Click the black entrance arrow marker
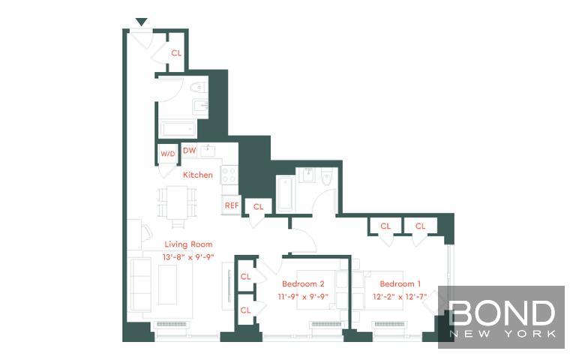click(142, 22)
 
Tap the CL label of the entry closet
click(176, 53)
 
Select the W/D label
click(168, 154)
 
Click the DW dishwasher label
click(190, 151)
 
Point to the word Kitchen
click(198, 175)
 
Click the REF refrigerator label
click(232, 205)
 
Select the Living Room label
click(188, 244)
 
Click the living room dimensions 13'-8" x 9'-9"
click(188, 257)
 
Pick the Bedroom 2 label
click(303, 283)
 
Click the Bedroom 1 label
click(400, 283)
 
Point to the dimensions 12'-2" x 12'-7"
click(400, 296)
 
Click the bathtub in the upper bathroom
click(178, 129)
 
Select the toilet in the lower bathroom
click(326, 176)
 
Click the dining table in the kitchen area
click(177, 202)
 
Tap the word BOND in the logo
click(502, 312)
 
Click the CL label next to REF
click(258, 207)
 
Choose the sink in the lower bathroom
click(308, 175)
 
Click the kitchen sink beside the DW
click(208, 150)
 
